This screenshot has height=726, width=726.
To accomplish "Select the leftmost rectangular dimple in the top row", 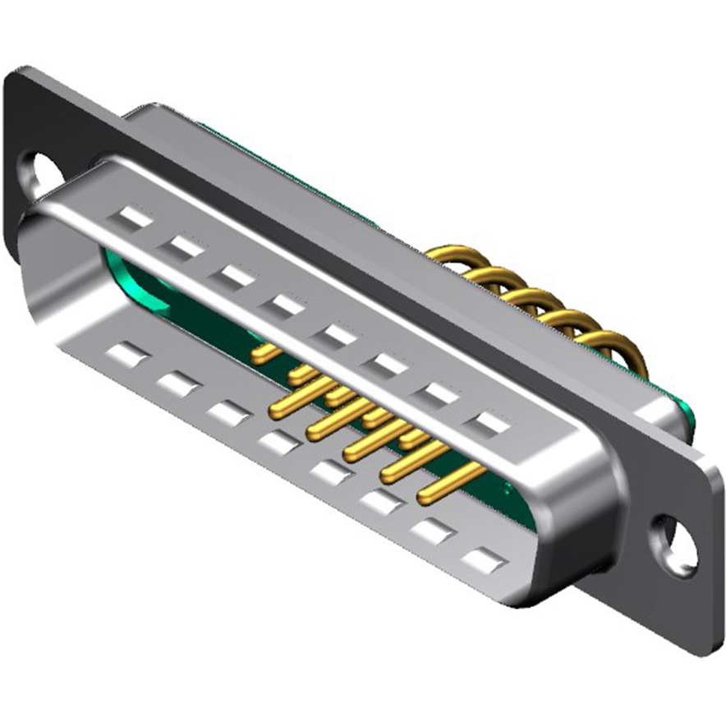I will coord(135,218).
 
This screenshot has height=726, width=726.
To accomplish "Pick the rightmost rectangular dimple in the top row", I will coord(493,424).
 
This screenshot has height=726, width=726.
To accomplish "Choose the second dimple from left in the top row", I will coord(185,246).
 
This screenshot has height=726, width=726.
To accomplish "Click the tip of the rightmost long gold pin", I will coord(425,497).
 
